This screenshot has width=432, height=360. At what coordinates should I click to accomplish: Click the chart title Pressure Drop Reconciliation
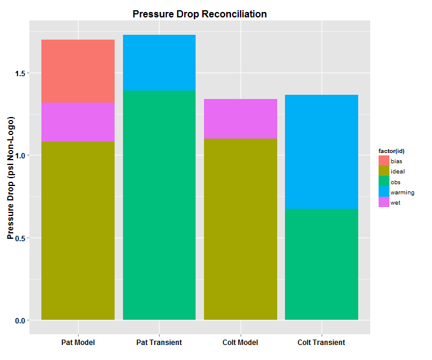coord(200,14)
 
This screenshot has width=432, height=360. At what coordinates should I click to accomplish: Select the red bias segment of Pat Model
coord(78,71)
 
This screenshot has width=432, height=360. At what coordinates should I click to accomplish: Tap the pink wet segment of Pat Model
coord(78,122)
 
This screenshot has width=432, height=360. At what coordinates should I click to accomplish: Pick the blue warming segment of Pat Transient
coord(159,63)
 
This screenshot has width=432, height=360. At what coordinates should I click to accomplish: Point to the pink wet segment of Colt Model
coord(241,119)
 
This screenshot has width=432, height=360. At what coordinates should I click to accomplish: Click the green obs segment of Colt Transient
coord(322,264)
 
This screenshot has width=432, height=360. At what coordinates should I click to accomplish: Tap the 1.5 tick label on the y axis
coord(22,74)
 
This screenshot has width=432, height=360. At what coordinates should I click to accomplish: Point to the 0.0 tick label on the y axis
coord(22,320)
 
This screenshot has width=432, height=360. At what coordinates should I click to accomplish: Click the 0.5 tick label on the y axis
coord(22,238)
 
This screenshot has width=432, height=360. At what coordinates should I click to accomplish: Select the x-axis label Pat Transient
coord(159,343)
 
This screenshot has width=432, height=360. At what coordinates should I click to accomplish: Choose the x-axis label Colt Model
coord(241,343)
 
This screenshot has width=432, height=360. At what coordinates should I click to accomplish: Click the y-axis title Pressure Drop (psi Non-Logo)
coord(10,180)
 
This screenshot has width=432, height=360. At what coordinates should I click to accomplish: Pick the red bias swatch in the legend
coord(384,161)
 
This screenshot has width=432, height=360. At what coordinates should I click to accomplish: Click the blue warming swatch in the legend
coord(384,192)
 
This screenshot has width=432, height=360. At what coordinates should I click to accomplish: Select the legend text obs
coord(395,182)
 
